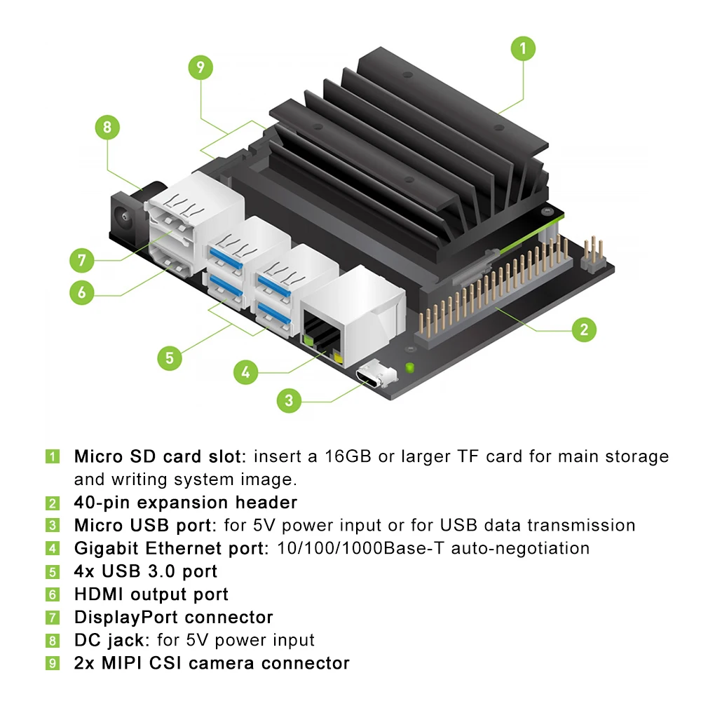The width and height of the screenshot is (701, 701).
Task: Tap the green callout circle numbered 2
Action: pos(584,329)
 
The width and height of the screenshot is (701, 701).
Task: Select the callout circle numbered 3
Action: pos(289,401)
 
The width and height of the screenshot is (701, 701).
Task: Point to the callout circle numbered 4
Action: pos(244,372)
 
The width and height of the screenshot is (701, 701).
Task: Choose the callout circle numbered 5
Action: pos(169,358)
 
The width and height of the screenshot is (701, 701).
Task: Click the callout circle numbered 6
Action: pos(82,292)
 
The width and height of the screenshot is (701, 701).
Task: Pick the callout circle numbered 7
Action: pos(82,261)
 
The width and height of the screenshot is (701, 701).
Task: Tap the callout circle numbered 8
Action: pos(107,128)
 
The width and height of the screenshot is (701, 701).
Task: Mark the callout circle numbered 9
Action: pos(200,67)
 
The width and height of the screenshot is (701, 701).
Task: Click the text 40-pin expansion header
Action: pos(186,503)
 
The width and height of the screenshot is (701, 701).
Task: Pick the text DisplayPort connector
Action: pos(173,618)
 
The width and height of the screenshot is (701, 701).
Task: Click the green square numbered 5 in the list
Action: pos(53,572)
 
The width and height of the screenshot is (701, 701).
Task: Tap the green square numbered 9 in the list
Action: pos(53,663)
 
